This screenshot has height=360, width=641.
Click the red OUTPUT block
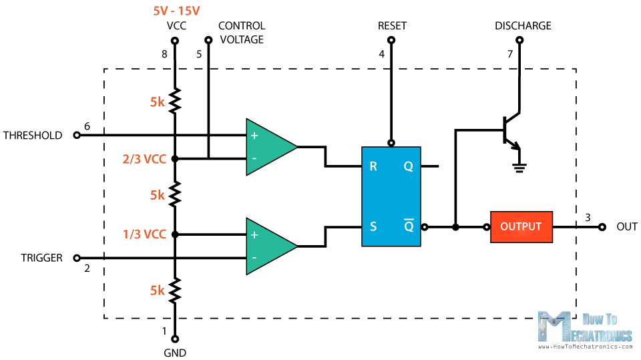(x=521, y=227)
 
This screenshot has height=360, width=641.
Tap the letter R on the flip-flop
(x=373, y=166)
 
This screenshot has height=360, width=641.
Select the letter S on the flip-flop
(x=373, y=226)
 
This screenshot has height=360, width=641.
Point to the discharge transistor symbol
(x=511, y=131)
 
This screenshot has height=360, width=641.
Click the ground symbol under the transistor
(x=519, y=168)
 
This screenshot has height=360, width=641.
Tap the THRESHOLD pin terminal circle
(x=76, y=135)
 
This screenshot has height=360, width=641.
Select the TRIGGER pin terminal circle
(x=76, y=258)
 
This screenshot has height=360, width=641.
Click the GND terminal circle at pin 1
(x=175, y=339)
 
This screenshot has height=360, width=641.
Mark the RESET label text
(x=392, y=26)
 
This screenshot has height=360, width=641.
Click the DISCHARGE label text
(x=523, y=26)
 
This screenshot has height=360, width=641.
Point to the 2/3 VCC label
(x=144, y=159)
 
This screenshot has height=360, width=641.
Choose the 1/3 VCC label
(x=144, y=234)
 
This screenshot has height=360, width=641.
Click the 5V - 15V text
(x=176, y=11)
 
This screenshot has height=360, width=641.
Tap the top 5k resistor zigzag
(x=175, y=101)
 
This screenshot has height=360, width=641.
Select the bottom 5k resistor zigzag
(x=175, y=290)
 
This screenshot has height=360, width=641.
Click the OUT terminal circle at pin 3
(x=602, y=227)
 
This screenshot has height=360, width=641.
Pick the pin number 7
(x=509, y=54)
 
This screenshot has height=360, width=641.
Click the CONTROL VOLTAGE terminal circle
(x=208, y=40)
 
